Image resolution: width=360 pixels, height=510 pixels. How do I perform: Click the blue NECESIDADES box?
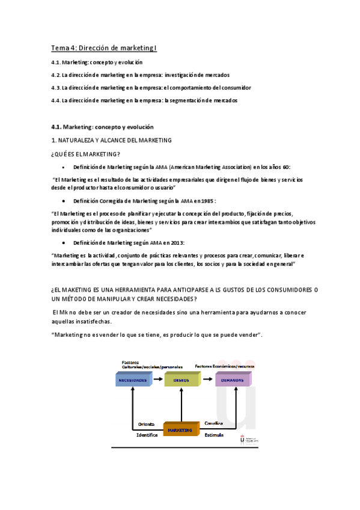click(133, 380)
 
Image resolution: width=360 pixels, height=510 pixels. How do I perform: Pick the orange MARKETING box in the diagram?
click(180, 430)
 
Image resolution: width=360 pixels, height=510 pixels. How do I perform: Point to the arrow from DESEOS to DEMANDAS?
click(207, 379)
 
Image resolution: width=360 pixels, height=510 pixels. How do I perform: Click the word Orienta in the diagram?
click(147, 423)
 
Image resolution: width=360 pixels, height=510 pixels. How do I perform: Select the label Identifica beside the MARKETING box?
click(147, 434)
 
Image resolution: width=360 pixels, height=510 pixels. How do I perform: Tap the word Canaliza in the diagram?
click(214, 423)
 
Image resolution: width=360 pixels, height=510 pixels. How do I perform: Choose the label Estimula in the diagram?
click(214, 434)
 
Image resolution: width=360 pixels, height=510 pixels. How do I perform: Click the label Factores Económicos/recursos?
click(224, 365)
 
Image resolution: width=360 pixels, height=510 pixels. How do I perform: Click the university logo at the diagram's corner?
click(248, 440)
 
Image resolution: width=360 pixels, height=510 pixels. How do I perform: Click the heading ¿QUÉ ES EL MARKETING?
click(85, 154)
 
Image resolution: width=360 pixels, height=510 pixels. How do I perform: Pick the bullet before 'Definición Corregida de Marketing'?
click(64, 200)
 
